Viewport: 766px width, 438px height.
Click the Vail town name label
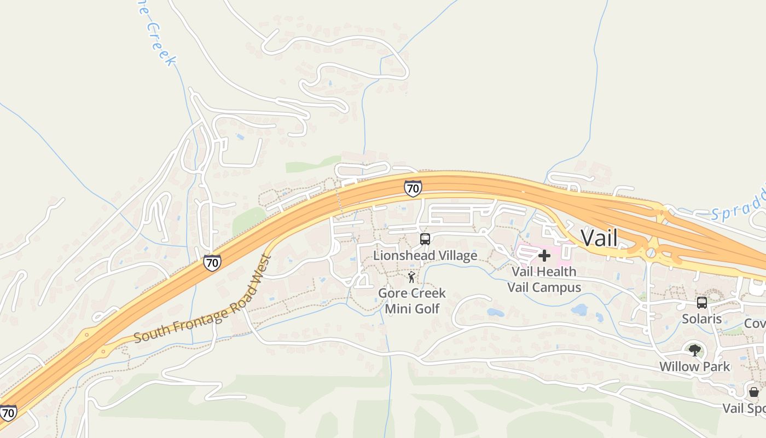click(599, 238)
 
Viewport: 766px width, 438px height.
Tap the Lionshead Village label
click(425, 256)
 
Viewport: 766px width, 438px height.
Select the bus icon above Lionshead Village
click(425, 239)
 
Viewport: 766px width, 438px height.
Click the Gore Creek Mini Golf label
click(412, 301)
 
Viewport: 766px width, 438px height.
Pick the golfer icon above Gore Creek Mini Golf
click(411, 278)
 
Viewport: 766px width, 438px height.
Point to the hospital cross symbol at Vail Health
click(544, 256)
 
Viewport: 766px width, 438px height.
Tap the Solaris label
click(701, 319)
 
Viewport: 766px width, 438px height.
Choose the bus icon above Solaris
click(701, 303)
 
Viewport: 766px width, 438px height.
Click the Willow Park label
click(694, 366)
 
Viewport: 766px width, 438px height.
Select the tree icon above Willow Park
click(695, 350)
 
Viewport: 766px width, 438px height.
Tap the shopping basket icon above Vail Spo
click(754, 392)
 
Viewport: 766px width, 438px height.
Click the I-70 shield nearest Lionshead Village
click(413, 188)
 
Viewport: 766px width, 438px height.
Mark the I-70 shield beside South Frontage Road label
click(212, 263)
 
